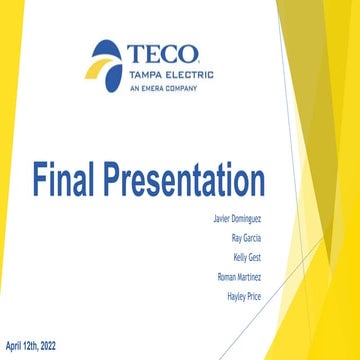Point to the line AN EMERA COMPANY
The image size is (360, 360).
click(163, 88)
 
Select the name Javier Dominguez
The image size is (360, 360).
click(238, 215)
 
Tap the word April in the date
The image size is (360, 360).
click(15, 344)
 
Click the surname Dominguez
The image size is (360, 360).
click(247, 215)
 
